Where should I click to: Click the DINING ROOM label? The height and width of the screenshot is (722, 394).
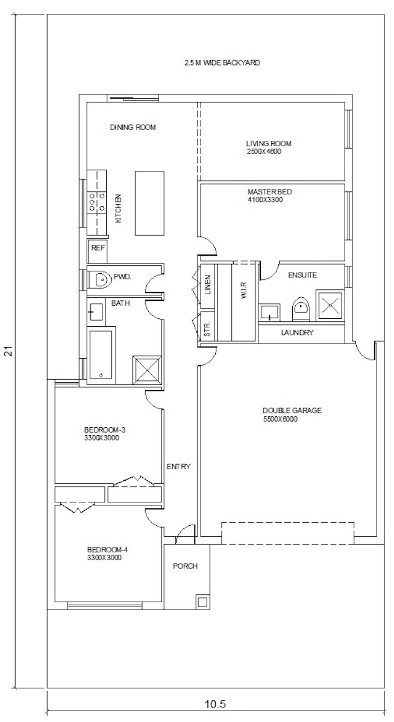click(x=133, y=128)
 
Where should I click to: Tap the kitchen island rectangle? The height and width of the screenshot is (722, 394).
click(x=149, y=203)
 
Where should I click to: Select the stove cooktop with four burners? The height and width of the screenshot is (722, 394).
click(x=97, y=202)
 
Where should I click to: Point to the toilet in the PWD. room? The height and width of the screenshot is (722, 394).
click(x=100, y=279)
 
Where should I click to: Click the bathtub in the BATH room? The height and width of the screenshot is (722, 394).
click(x=101, y=354)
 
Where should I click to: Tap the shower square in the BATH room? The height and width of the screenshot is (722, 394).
click(x=147, y=370)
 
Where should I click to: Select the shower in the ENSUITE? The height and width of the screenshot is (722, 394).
click(x=330, y=304)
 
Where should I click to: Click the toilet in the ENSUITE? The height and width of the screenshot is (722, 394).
click(x=301, y=309)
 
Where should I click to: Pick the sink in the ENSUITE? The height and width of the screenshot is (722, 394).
click(x=269, y=312)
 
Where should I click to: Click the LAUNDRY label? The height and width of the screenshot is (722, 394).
click(x=297, y=333)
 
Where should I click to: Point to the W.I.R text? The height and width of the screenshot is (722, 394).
click(x=243, y=290)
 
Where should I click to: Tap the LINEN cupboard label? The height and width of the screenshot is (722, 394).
click(x=208, y=285)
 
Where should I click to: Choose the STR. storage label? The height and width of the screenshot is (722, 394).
click(x=207, y=329)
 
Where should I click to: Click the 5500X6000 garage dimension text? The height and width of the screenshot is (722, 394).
click(x=280, y=419)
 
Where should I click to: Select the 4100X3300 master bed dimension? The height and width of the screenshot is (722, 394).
click(x=265, y=200)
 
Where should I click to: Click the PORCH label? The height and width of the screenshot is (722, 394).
click(x=185, y=566)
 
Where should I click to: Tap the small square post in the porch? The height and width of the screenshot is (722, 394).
click(x=202, y=602)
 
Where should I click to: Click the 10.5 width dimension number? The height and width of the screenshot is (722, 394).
click(x=215, y=704)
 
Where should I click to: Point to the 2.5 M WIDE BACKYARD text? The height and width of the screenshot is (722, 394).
click(x=222, y=63)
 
